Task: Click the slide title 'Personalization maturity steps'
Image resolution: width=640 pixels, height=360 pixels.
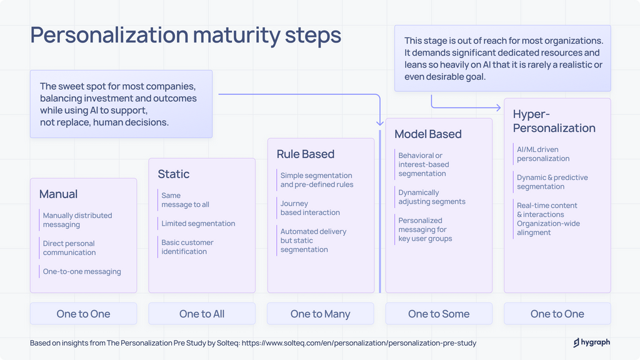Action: pos(186,35)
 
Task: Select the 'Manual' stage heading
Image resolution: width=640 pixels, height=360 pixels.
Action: pos(59,194)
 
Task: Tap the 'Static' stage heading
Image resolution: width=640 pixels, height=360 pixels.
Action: pos(174,174)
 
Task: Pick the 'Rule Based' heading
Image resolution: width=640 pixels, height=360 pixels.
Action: pos(306,154)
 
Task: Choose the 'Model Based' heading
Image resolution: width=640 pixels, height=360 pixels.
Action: pos(428,134)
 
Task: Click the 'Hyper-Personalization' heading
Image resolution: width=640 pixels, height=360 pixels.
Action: pos(554,121)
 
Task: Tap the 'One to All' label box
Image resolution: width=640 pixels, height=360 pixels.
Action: pos(202,314)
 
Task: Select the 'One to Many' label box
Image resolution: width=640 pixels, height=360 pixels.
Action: pos(320,314)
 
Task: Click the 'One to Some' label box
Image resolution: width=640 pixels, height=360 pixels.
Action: pos(439,314)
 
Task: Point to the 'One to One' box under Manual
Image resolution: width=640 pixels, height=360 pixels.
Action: pos(83,314)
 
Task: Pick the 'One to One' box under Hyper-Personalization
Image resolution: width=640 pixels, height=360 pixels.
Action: pos(557,314)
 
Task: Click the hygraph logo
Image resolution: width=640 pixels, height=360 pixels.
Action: pos(591,342)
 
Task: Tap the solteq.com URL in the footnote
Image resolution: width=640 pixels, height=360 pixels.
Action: pos(359,343)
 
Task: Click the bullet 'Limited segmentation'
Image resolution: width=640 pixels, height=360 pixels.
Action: pos(198,224)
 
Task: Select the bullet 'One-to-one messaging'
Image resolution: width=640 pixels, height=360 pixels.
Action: pos(82,272)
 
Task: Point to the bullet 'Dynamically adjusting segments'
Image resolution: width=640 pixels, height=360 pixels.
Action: pos(432,197)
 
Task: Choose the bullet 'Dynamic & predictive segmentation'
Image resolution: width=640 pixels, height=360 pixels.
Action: pos(552,182)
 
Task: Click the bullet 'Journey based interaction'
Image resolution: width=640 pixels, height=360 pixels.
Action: pos(311,208)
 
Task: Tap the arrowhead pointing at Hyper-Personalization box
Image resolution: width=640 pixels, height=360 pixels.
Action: pos(497,107)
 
